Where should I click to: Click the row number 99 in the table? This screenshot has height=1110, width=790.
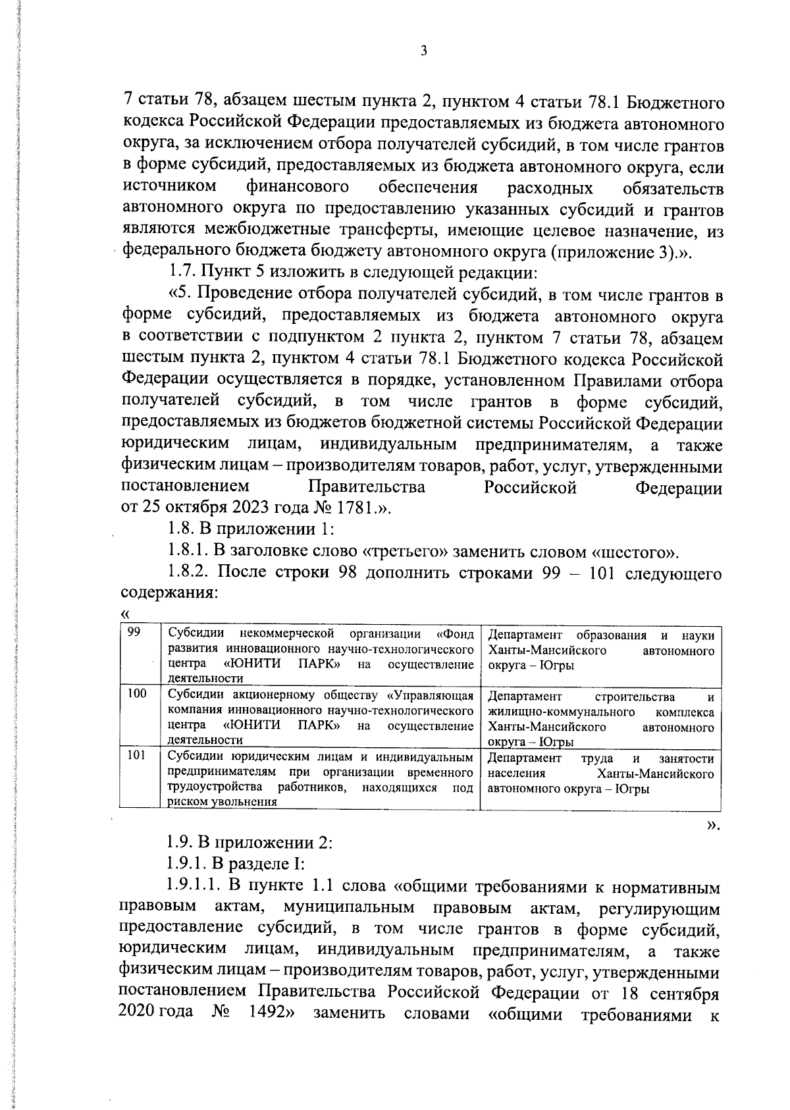[x=134, y=633]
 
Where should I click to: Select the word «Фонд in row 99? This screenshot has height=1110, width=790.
[x=455, y=635]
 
